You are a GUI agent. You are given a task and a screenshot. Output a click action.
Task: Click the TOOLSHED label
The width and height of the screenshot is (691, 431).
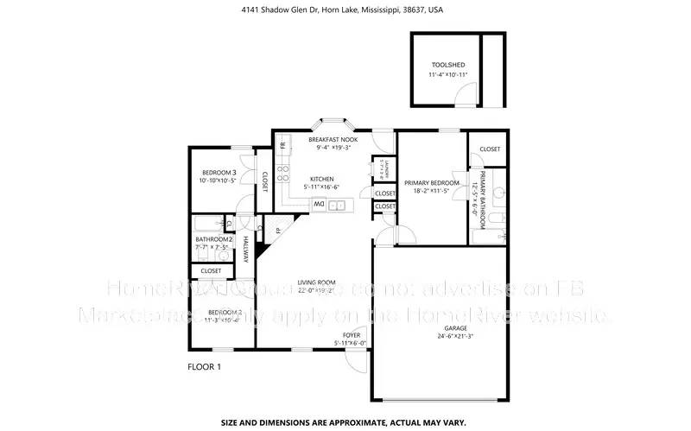[447, 65]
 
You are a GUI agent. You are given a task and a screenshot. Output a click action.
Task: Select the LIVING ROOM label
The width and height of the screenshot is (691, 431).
[316, 282]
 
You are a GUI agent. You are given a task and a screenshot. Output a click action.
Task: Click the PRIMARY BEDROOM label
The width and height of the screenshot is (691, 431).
[432, 182]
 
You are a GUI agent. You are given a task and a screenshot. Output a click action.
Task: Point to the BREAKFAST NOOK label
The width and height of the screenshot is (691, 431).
[333, 139]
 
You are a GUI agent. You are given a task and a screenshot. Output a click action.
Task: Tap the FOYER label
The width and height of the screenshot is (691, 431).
[351, 334]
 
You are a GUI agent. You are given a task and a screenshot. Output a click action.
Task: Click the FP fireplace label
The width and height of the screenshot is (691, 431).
[277, 231]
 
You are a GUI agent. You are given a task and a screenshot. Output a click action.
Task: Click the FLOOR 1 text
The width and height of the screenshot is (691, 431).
[205, 367]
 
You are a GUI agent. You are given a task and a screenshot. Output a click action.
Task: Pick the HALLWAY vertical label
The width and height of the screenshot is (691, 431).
[245, 249]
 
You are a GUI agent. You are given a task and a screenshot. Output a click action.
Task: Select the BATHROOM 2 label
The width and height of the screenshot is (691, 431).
[213, 239]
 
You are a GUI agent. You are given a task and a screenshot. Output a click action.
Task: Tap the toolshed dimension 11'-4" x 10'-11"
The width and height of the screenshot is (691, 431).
[447, 75]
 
